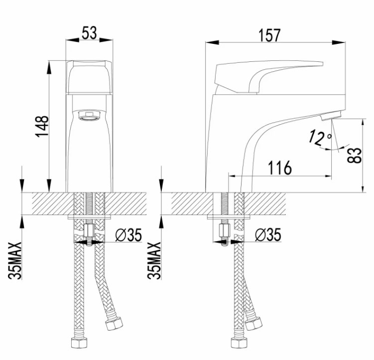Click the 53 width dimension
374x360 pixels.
(90, 33)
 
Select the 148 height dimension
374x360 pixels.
(42, 127)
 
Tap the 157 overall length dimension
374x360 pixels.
(269, 35)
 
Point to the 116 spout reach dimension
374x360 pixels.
(280, 168)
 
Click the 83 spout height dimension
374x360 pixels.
(355, 156)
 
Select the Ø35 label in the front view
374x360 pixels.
(128, 235)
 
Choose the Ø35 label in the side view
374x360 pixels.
(268, 235)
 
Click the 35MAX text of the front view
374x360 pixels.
(15, 261)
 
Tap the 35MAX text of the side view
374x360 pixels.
(154, 261)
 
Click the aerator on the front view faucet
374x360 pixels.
(89, 116)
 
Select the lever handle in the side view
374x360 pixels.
(265, 76)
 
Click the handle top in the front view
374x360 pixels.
(89, 77)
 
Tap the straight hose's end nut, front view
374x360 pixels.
(79, 343)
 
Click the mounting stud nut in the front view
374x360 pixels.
(89, 230)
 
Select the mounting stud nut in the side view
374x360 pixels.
(225, 230)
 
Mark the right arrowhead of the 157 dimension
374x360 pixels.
(339, 42)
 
